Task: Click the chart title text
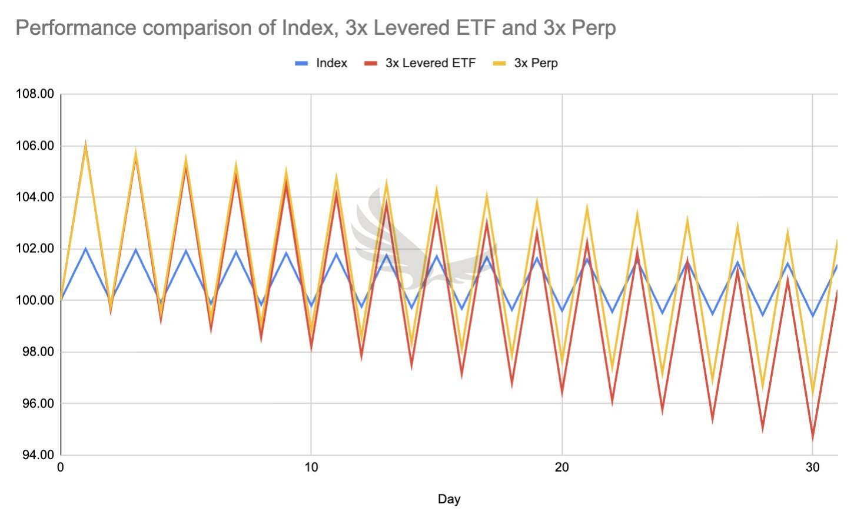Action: [x=315, y=28]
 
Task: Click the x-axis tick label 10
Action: [x=311, y=467]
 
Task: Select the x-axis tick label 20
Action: [x=562, y=467]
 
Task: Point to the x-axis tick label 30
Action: [x=812, y=467]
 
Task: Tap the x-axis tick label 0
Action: [x=61, y=467]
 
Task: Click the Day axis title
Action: [x=448, y=499]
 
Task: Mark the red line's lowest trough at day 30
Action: [x=813, y=437]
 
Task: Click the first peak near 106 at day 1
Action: [x=86, y=144]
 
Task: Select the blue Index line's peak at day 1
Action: [x=86, y=249]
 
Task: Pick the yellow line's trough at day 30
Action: [x=813, y=393]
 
